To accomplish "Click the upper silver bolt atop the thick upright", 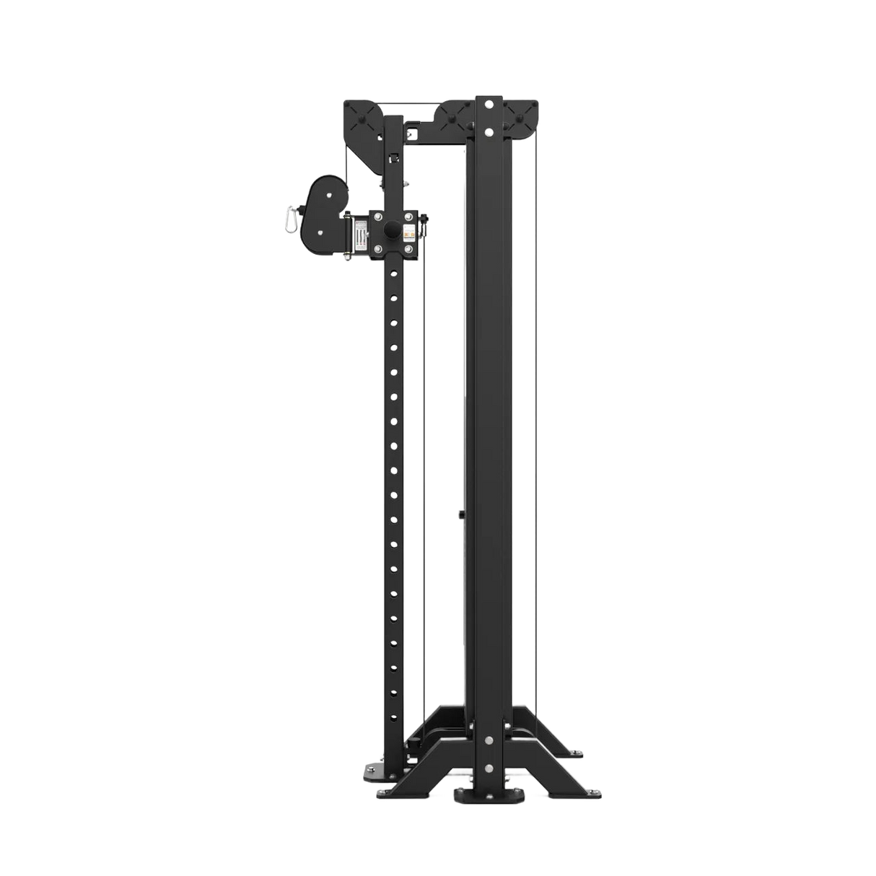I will click(490, 103).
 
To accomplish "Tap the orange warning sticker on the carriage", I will click(410, 232).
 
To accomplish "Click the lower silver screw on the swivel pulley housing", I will click(319, 232).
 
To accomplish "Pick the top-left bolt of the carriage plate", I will click(375, 214).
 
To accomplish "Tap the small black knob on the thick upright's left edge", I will click(460, 514).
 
